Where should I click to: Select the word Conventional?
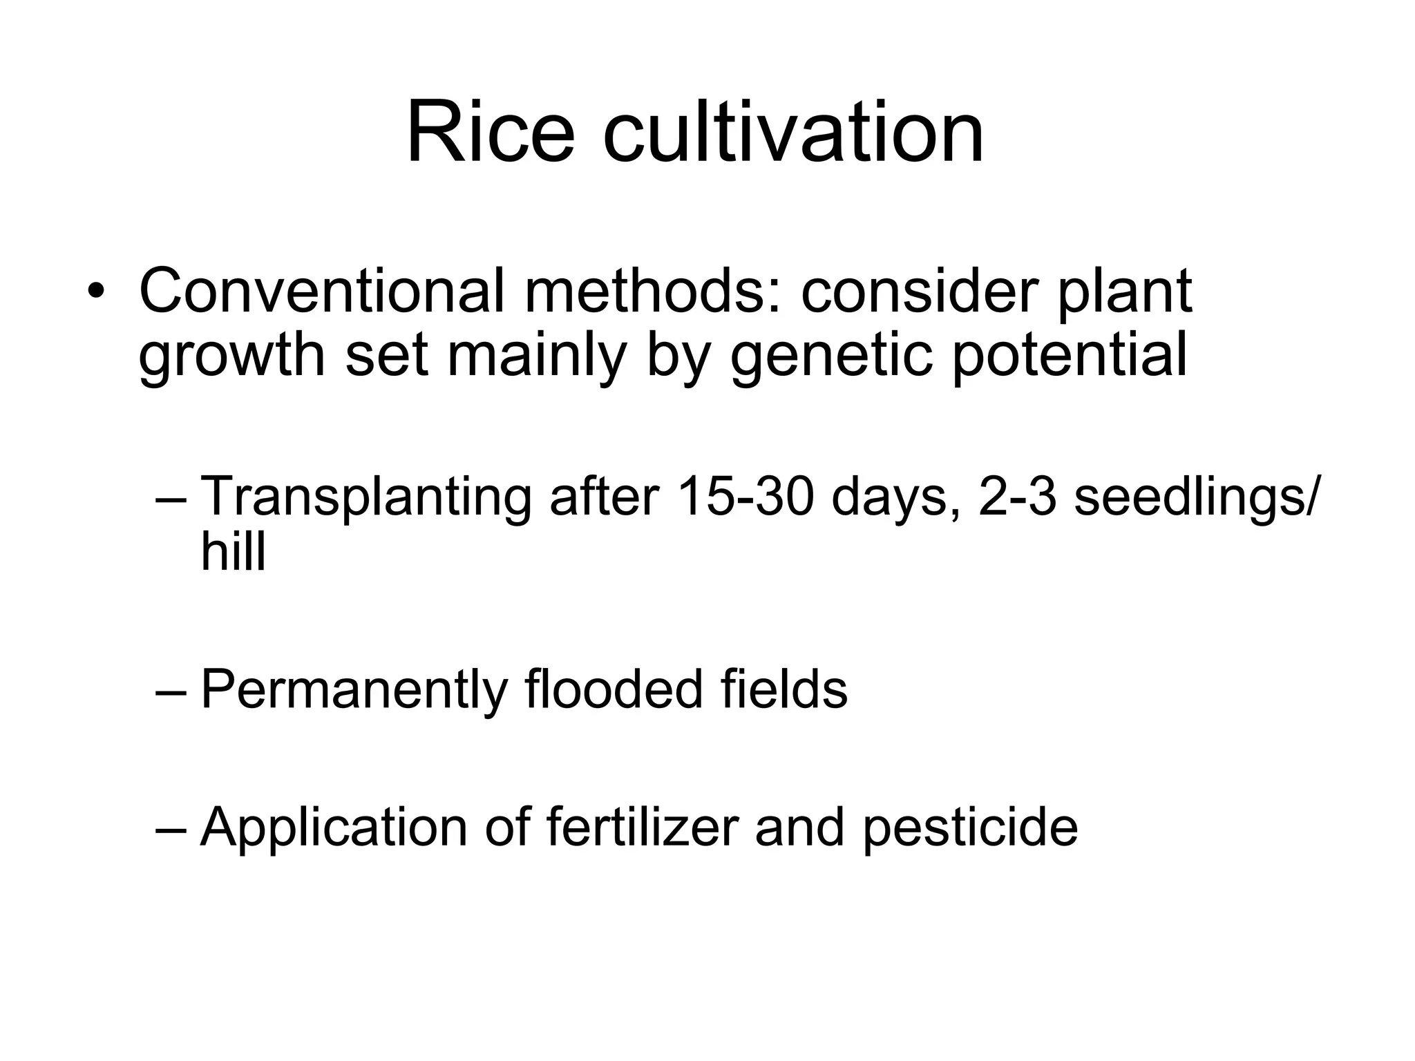(x=322, y=291)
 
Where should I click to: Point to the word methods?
(x=653, y=291)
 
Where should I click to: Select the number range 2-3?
(x=1017, y=496)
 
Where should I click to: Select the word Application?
(x=333, y=827)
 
